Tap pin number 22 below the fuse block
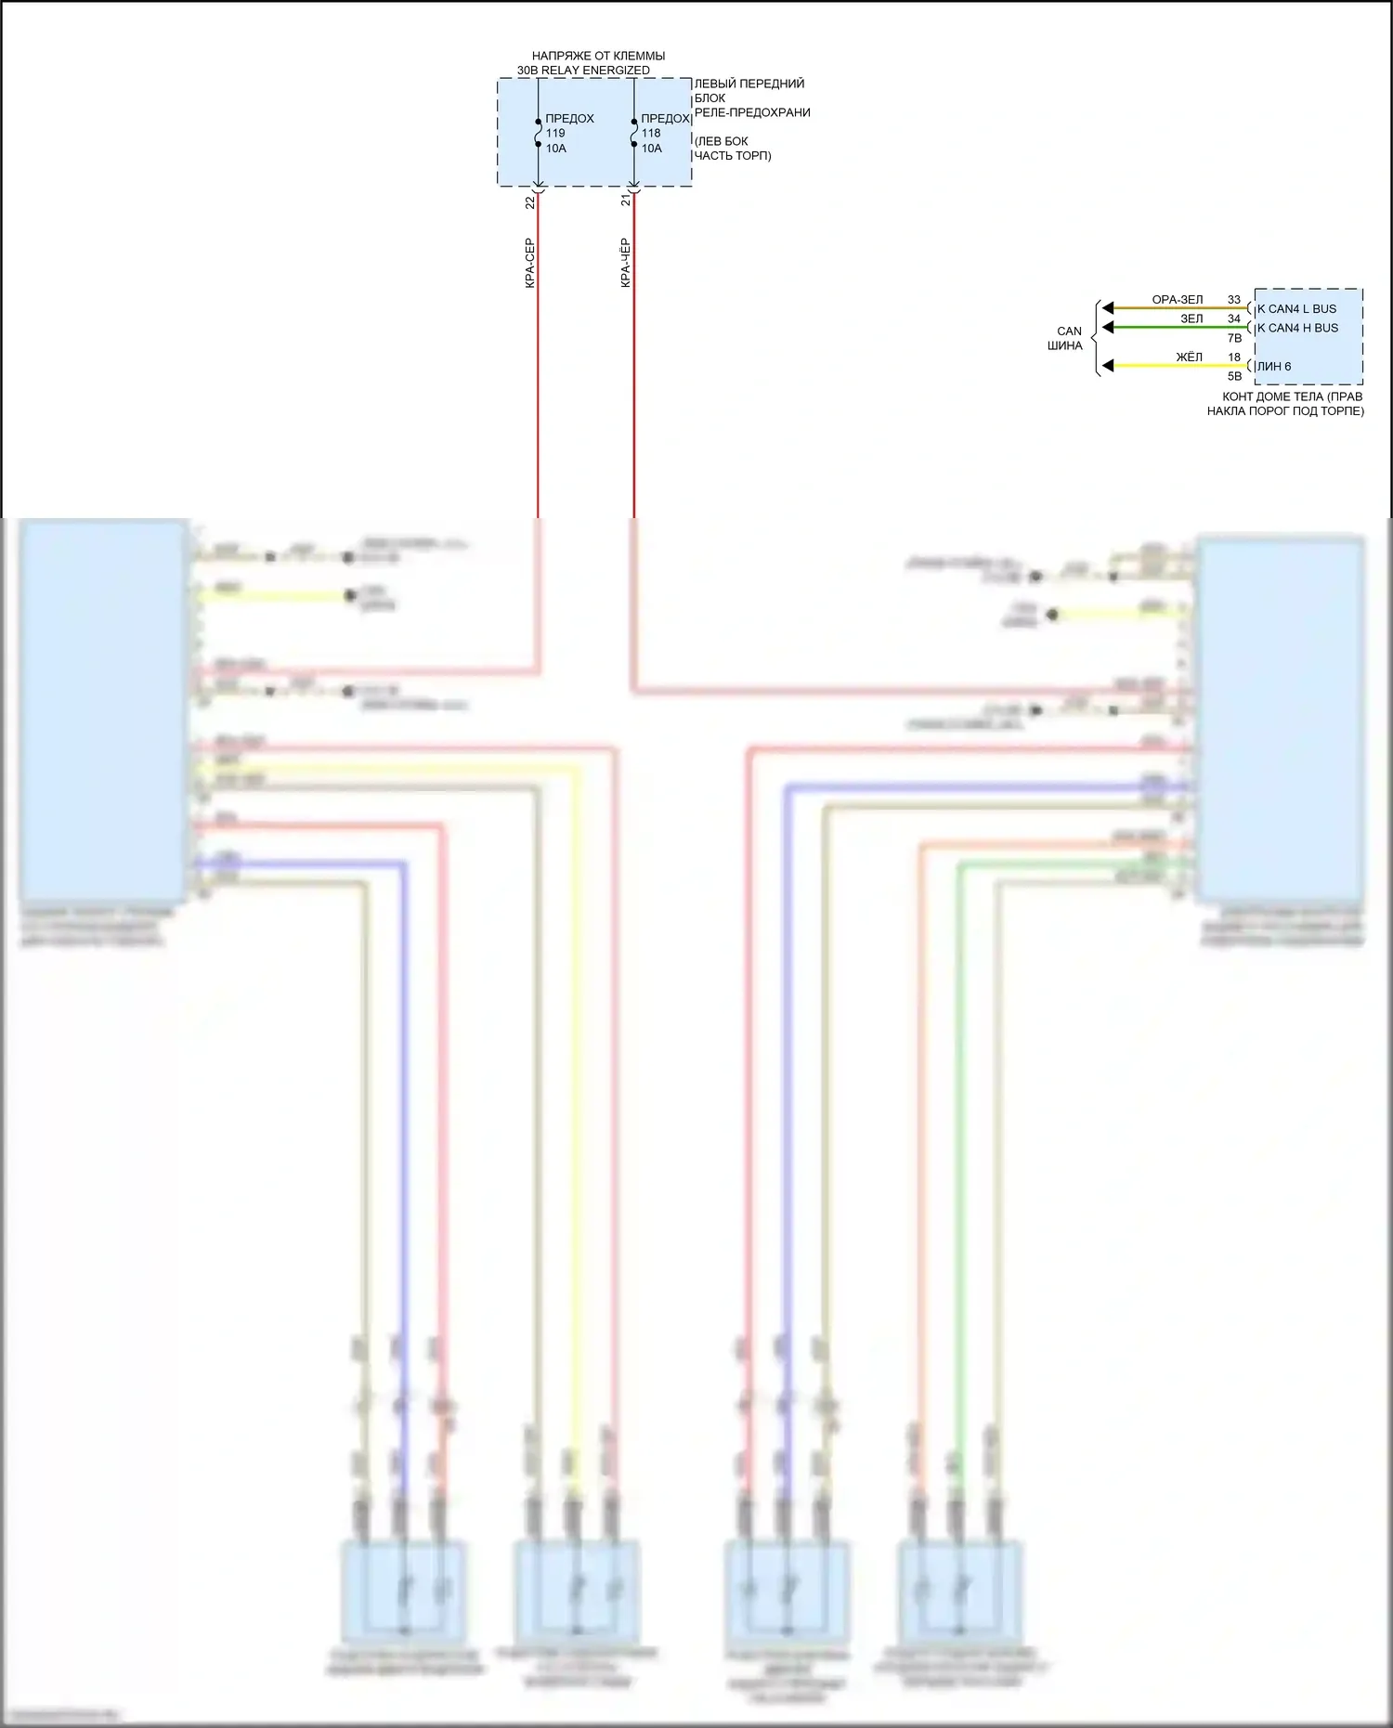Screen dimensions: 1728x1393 [x=530, y=202]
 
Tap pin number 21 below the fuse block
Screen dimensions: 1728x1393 [x=626, y=200]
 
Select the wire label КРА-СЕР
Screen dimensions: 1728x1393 [x=530, y=263]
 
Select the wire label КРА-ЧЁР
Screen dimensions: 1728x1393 [x=626, y=263]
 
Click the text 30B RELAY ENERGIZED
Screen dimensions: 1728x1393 [x=583, y=71]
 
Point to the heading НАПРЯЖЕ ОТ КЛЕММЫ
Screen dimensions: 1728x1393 [x=598, y=56]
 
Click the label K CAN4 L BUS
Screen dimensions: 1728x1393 [x=1296, y=309]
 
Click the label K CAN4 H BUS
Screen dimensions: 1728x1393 [x=1297, y=328]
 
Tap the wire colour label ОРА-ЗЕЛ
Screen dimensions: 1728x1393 [x=1177, y=300]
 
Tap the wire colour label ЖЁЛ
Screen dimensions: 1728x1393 [x=1189, y=357]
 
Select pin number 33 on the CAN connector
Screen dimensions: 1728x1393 [x=1234, y=300]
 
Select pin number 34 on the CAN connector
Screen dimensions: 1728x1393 [x=1234, y=318]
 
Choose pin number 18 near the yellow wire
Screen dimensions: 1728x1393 [x=1234, y=357]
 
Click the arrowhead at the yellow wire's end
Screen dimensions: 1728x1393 [x=1107, y=366]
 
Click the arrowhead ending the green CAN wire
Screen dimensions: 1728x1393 [x=1107, y=327]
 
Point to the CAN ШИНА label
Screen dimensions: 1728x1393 [x=1066, y=338]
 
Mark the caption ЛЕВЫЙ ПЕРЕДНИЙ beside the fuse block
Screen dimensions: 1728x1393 [x=749, y=84]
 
